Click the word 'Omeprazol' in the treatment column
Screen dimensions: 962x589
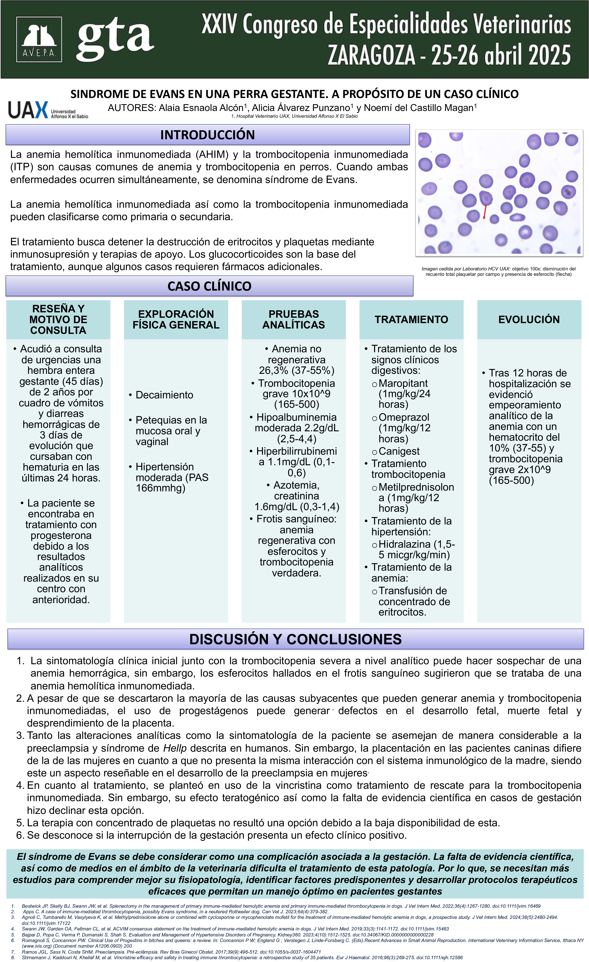point(404,417)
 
